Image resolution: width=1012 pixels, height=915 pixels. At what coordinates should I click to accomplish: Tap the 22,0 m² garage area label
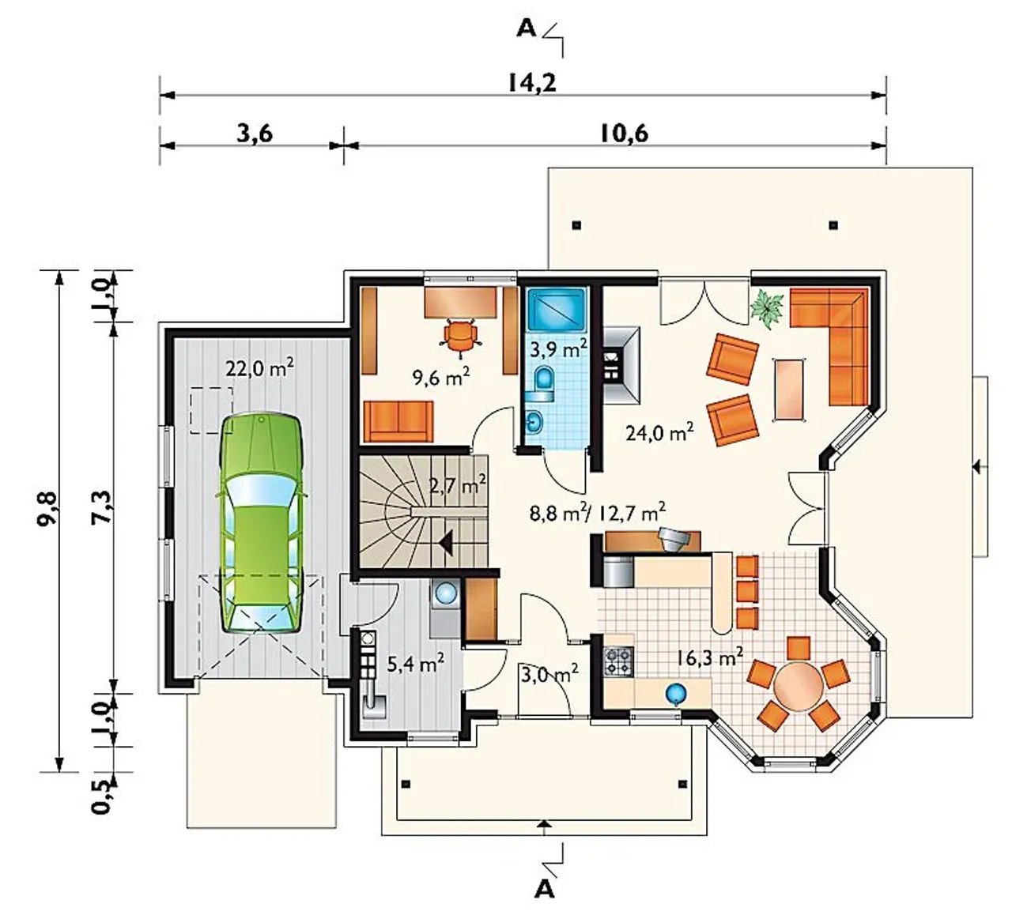click(259, 369)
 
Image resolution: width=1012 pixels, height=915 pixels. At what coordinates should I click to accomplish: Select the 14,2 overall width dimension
click(532, 83)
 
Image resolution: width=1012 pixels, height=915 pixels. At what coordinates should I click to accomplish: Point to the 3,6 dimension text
click(255, 134)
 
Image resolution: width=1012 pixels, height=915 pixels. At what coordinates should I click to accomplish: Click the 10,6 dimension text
click(624, 134)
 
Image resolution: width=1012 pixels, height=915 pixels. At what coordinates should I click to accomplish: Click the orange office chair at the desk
click(460, 333)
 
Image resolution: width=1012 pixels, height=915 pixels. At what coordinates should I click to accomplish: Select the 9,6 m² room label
click(441, 376)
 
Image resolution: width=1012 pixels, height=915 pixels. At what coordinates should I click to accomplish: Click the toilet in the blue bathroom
click(543, 380)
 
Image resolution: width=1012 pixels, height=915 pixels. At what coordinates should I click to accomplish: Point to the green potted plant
click(766, 309)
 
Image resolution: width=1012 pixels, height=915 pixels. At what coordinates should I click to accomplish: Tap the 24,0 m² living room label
click(659, 432)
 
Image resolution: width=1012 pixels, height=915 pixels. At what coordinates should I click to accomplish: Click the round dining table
click(798, 686)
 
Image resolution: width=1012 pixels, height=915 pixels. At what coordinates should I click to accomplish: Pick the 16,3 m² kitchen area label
click(709, 657)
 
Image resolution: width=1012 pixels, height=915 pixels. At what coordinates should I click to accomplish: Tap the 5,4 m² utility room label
click(415, 665)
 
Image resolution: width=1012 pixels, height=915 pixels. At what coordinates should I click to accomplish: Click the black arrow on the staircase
click(446, 543)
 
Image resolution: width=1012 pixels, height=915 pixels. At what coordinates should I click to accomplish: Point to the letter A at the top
click(527, 29)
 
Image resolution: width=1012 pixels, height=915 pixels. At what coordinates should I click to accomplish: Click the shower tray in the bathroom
click(557, 310)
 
